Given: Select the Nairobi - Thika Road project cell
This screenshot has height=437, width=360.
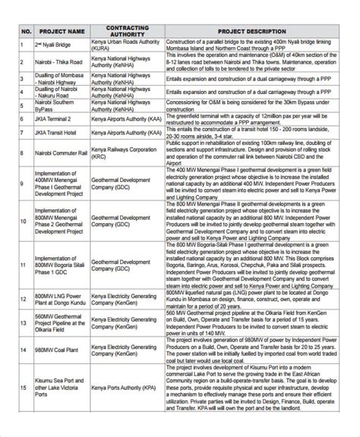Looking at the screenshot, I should pyautogui.click(x=58, y=63).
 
